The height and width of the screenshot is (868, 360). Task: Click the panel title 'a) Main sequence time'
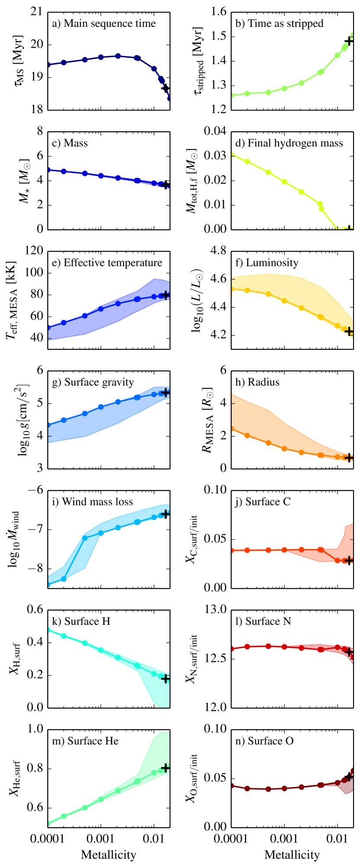coord(104,23)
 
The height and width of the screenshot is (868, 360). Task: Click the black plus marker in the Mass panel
coord(165,185)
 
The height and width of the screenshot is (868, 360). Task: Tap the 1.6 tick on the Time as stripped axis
coord(219,12)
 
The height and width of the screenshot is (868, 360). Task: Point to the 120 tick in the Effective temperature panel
coord(35,251)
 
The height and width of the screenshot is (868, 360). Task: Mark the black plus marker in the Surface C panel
coord(349,560)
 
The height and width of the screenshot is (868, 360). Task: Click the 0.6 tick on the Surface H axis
coord(35,610)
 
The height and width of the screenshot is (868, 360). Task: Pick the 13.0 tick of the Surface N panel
coord(216,610)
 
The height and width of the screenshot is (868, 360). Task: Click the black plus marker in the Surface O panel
coord(349,777)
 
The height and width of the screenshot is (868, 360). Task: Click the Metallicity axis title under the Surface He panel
coord(108,855)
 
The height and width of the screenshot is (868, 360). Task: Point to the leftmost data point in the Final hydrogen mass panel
coord(231,154)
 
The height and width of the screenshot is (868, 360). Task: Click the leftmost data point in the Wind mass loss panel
coord(48,584)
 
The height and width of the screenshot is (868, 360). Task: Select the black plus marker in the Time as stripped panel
coord(349,41)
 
